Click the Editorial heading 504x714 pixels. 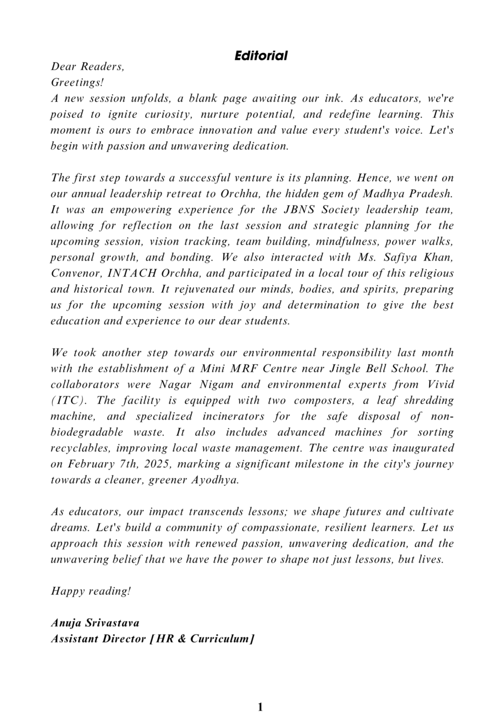coord(261,56)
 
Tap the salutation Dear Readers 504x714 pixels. coord(87,66)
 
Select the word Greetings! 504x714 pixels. coord(77,83)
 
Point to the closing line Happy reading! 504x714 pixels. coord(91,591)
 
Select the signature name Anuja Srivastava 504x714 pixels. coord(95,623)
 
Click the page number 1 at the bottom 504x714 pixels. coord(260,707)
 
